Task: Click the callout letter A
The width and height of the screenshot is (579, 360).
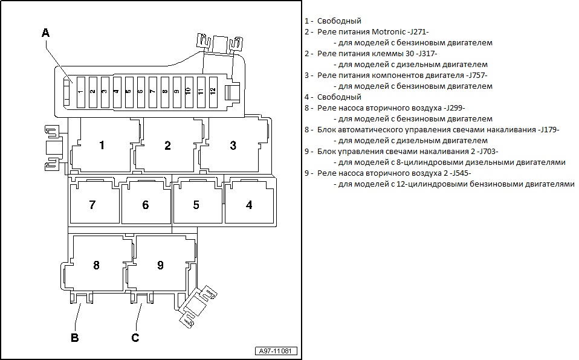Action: [x=45, y=33]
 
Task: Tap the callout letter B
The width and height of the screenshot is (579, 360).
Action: [x=75, y=338]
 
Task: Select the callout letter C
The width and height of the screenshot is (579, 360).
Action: [x=135, y=338]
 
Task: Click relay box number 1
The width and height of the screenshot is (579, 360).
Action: [x=102, y=145]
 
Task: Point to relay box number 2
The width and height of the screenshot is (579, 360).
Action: [x=167, y=145]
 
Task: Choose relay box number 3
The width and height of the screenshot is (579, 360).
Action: [x=233, y=145]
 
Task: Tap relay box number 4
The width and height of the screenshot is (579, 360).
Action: [x=249, y=205]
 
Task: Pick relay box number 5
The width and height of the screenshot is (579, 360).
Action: [x=196, y=205]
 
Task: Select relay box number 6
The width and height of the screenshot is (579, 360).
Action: [x=145, y=205]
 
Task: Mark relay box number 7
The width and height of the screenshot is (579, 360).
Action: [x=92, y=205]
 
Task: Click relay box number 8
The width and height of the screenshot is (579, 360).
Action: [x=96, y=265]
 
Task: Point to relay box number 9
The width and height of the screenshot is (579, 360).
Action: [x=160, y=265]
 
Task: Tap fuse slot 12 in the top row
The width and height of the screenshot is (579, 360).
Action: [x=212, y=92]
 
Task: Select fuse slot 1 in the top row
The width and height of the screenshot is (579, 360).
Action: [x=80, y=92]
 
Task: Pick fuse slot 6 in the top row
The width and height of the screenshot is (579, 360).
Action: [x=140, y=92]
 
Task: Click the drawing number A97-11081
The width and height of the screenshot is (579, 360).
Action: [x=276, y=351]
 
